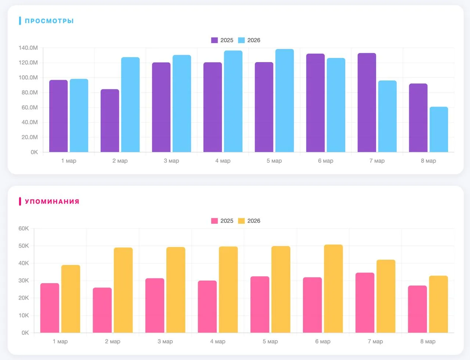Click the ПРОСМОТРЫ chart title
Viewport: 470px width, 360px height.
pos(49,21)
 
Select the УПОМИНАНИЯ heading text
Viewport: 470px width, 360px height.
pos(52,201)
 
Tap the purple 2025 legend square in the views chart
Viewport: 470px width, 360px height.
pos(214,40)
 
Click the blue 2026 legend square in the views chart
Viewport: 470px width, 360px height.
pos(241,40)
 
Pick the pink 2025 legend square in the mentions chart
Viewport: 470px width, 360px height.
pos(214,221)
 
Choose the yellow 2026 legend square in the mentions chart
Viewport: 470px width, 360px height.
pos(241,221)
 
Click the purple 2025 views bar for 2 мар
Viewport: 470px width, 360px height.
pos(110,120)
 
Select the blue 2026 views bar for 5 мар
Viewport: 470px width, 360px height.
pos(285,101)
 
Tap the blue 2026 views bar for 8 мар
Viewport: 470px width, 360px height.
pos(439,129)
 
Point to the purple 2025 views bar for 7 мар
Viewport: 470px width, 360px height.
pos(367,102)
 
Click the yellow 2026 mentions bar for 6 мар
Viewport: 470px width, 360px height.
pos(333,289)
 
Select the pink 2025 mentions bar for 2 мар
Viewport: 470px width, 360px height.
pos(102,310)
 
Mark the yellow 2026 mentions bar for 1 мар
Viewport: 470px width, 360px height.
pos(71,299)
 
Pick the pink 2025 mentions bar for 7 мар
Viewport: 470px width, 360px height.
pos(365,303)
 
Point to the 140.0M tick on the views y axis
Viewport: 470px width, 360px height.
pos(28,48)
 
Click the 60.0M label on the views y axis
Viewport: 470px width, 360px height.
pos(30,108)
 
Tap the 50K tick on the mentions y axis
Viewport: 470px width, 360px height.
pos(23,246)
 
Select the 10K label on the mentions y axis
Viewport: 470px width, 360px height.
pos(23,316)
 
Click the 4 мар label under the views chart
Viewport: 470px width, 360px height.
pos(223,161)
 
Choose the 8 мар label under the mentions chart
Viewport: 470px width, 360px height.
pos(428,341)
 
